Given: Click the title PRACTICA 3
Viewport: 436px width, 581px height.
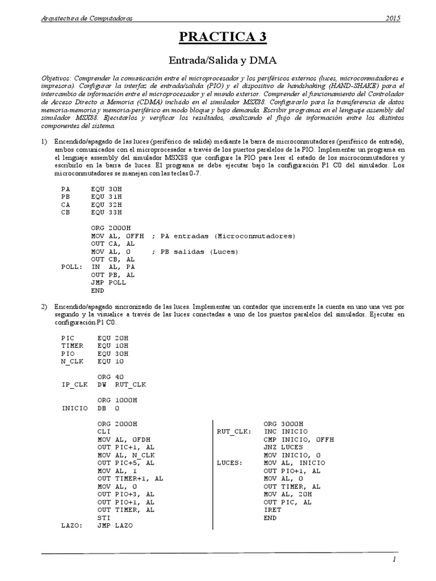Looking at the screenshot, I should click(223, 37).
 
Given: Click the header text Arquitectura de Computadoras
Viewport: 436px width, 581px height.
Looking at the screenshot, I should click(87, 19).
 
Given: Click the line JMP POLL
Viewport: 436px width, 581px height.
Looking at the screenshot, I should click(108, 282).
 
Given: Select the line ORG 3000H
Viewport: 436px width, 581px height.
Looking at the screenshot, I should click(284, 423).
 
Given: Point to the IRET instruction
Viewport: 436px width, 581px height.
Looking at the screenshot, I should click(273, 510).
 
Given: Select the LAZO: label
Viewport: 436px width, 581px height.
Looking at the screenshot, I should click(73, 526).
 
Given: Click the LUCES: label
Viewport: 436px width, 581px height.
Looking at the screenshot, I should click(229, 463).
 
